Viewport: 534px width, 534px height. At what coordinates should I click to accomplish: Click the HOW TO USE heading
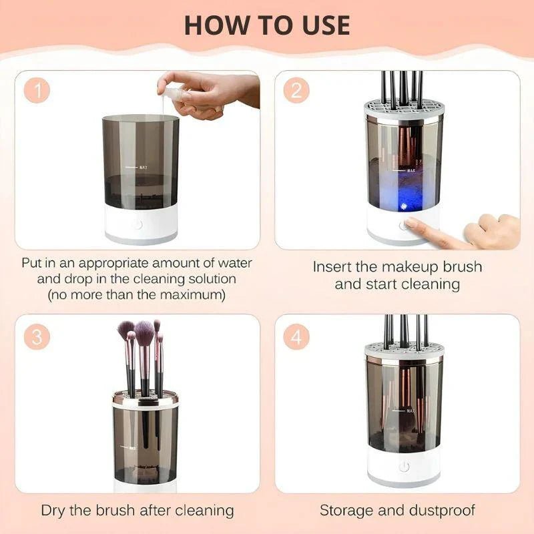pyautogui.click(x=267, y=25)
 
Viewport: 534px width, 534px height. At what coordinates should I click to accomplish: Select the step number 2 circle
pyautogui.click(x=296, y=91)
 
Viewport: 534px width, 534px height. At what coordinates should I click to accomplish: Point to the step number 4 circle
pyautogui.click(x=296, y=337)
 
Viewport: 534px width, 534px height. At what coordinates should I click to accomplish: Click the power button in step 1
pyautogui.click(x=137, y=224)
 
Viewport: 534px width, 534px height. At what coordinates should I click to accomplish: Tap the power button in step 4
pyautogui.click(x=403, y=467)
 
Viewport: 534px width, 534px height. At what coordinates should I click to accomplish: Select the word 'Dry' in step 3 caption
pyautogui.click(x=56, y=511)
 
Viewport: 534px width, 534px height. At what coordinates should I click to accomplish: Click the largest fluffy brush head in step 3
pyautogui.click(x=144, y=330)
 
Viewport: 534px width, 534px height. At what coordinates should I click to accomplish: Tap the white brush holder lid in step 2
pyautogui.click(x=403, y=109)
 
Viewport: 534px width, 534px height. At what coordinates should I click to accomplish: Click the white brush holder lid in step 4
pyautogui.click(x=403, y=351)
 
